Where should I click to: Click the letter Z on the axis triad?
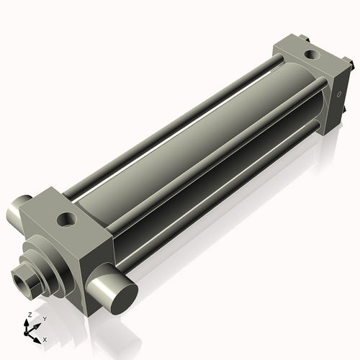(28, 315)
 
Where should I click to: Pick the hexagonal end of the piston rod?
(29, 277)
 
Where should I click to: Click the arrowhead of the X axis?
(39, 337)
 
